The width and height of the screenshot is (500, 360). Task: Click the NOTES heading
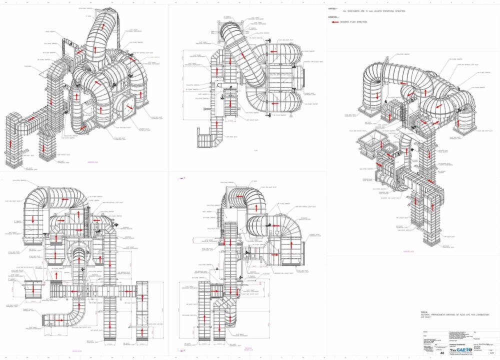[x=333, y=8]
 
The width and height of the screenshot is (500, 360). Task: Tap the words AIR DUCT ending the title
[x=426, y=317]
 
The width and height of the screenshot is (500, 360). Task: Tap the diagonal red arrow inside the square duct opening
[x=129, y=106]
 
